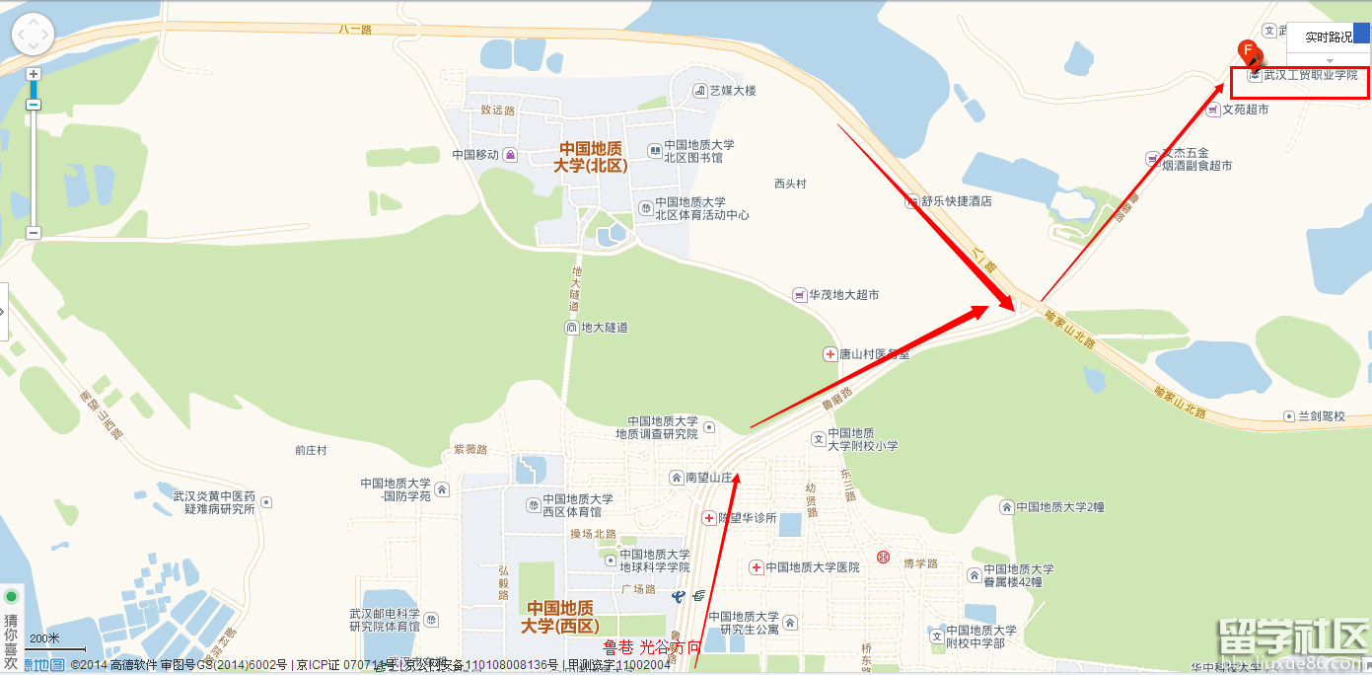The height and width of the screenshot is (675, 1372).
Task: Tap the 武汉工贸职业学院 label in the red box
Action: [1310, 75]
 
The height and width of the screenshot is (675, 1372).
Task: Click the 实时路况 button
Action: [1328, 37]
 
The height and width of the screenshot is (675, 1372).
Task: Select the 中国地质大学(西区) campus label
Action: [562, 617]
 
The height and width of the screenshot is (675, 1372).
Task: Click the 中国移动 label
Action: [476, 154]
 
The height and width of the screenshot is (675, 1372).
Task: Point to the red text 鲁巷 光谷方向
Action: [652, 647]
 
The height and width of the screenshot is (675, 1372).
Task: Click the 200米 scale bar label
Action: [45, 638]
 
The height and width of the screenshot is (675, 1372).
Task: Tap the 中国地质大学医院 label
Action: [812, 567]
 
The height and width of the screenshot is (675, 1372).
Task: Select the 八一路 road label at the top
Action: [356, 30]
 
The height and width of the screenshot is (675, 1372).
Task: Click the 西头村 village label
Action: [790, 184]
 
